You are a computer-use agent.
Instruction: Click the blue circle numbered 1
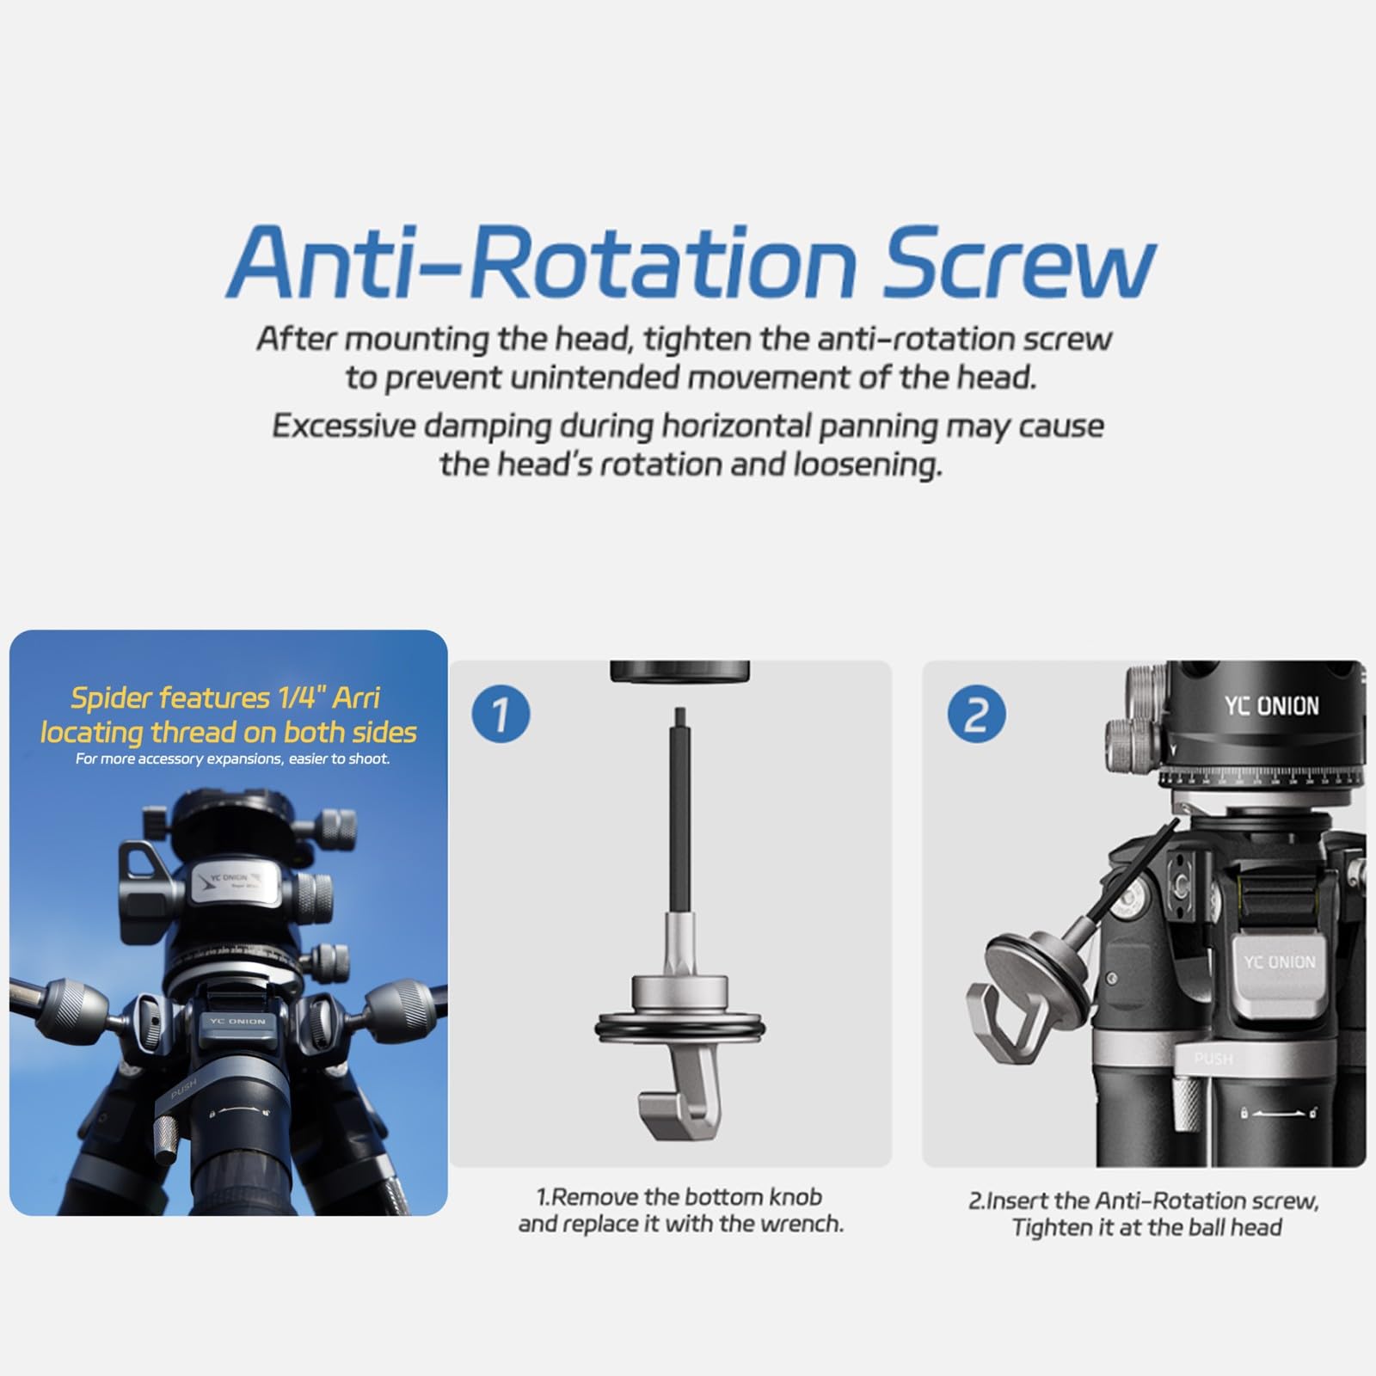(501, 714)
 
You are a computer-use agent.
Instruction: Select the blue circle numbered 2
(975, 714)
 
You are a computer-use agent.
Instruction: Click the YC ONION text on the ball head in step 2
(1271, 706)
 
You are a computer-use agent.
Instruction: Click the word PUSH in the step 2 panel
(1213, 1059)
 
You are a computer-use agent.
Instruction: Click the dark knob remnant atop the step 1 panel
(679, 672)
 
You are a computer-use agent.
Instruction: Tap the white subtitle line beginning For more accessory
(232, 759)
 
